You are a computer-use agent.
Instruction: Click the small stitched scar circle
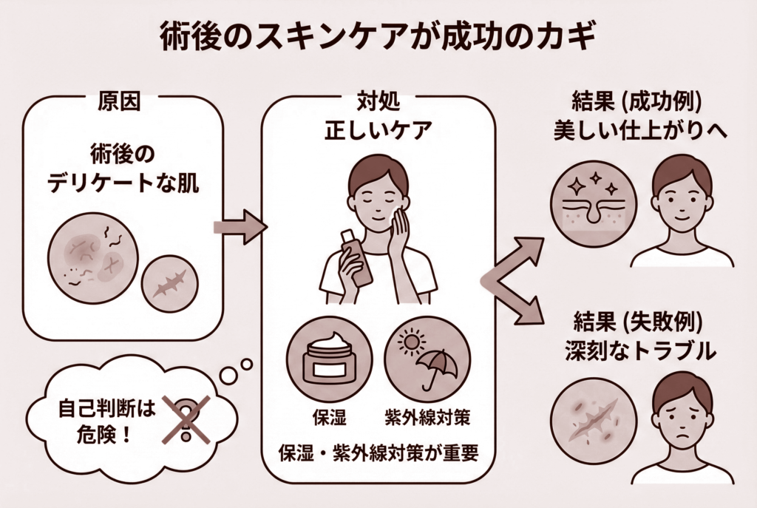(169, 285)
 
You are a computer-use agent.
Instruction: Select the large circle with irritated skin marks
(93, 258)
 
